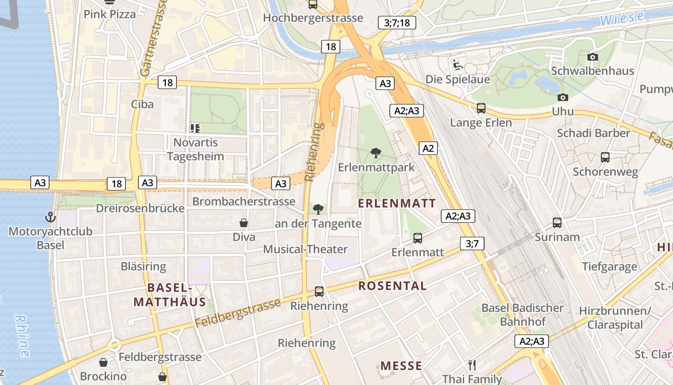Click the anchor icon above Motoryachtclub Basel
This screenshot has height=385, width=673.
coord(50,218)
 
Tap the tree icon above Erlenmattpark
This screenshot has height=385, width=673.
coord(376,154)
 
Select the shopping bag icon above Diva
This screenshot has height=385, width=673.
coord(244,223)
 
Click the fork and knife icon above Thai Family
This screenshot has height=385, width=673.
coord(472,365)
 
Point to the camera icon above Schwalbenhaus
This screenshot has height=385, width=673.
coord(593,57)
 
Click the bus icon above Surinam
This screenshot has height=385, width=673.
coord(557,223)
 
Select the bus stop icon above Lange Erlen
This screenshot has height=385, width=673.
coord(481,108)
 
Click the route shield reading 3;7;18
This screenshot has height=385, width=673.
coord(397,23)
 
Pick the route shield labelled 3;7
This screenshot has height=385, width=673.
coord(472,244)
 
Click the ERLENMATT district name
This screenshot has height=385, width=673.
coord(397,204)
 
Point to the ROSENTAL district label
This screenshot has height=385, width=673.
coord(392,286)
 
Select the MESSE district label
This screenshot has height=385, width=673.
coord(401,366)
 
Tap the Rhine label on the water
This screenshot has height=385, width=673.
coord(22,335)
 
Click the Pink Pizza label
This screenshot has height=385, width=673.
coord(110,14)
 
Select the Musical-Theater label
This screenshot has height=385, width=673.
coord(305,249)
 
